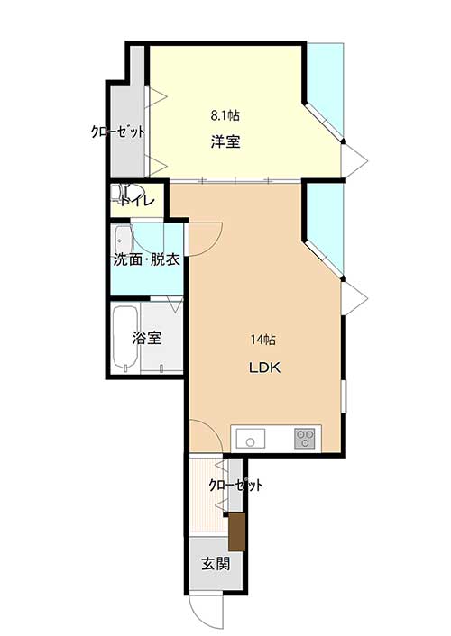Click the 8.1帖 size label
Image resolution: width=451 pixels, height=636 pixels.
(225, 115)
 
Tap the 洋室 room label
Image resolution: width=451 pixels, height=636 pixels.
(225, 141)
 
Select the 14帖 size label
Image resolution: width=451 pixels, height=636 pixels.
(263, 340)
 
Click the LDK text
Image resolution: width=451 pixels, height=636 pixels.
(264, 368)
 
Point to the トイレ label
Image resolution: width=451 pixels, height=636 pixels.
(137, 201)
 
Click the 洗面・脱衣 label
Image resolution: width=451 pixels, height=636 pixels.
(146, 259)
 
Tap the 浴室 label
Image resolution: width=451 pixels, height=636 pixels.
(146, 338)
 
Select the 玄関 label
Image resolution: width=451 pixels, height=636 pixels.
(216, 563)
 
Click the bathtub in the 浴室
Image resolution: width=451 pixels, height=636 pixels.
(125, 339)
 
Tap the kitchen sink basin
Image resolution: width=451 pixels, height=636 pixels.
(250, 439)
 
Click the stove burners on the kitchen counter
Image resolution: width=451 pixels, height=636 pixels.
(305, 439)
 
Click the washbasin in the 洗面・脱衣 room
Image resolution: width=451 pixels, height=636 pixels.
(123, 240)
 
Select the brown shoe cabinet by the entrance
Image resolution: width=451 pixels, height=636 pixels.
(237, 532)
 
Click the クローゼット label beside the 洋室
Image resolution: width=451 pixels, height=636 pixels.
(118, 132)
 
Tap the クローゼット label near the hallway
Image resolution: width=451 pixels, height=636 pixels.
(235, 485)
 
